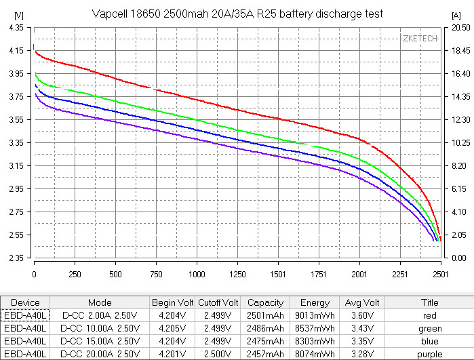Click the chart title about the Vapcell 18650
point(237,14)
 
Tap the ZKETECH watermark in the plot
point(420,39)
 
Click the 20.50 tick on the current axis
point(458,28)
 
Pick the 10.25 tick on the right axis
point(458,143)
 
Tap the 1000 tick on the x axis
point(197,275)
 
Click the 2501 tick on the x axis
point(441,275)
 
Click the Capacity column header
point(266,302)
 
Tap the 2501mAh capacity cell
point(266,316)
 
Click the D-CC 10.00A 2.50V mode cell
point(100,329)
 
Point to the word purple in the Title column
point(430,355)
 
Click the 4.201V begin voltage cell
point(172,355)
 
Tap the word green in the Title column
point(430,329)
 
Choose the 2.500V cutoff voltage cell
point(218,355)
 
